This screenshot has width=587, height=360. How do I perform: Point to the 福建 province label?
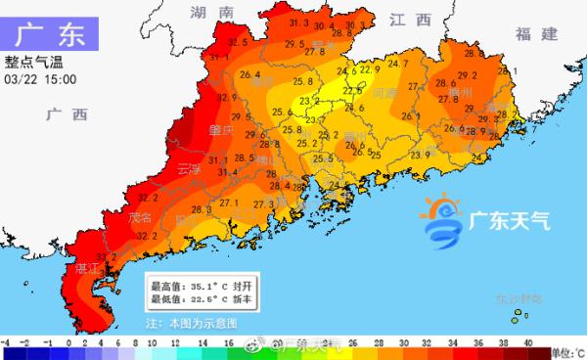(536, 34)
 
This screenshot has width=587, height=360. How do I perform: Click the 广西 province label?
(66, 114)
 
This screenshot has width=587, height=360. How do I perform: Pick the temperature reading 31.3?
(299, 22)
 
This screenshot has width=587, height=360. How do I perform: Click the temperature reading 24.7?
(397, 65)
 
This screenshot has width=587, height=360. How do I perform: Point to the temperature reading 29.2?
(468, 74)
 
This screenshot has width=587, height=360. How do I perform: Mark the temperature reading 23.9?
(421, 155)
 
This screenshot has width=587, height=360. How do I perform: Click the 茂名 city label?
(139, 217)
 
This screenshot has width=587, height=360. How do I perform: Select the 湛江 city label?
(87, 266)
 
